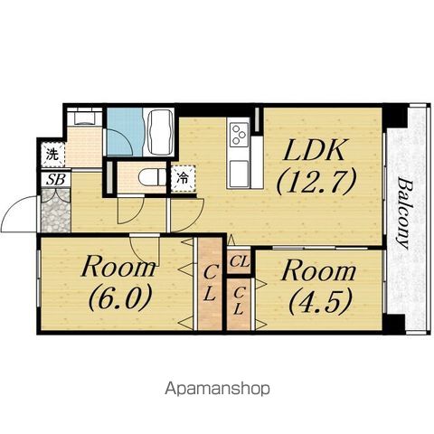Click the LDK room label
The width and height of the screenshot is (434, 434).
tap(315, 150)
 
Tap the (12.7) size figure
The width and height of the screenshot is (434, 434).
tap(316, 182)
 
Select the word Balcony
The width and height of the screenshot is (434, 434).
tap(404, 213)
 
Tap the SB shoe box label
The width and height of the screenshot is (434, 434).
tap(56, 180)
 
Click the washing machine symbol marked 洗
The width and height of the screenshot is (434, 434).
tap(52, 155)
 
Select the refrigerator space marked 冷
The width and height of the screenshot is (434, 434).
tap(183, 178)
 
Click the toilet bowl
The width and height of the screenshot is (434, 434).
tap(152, 177)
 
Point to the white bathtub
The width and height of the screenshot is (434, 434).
tap(159, 133)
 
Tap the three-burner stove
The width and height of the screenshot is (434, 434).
tap(239, 135)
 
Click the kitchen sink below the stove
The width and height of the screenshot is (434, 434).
tap(239, 174)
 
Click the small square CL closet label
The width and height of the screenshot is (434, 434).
tap(239, 261)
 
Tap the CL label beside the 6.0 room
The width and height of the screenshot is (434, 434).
tap(210, 283)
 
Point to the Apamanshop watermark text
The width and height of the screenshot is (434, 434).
tap(217, 389)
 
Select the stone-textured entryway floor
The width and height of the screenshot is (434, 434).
tap(55, 210)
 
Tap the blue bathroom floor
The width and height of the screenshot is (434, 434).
tap(125, 132)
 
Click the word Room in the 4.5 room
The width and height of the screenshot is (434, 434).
tap(318, 271)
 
